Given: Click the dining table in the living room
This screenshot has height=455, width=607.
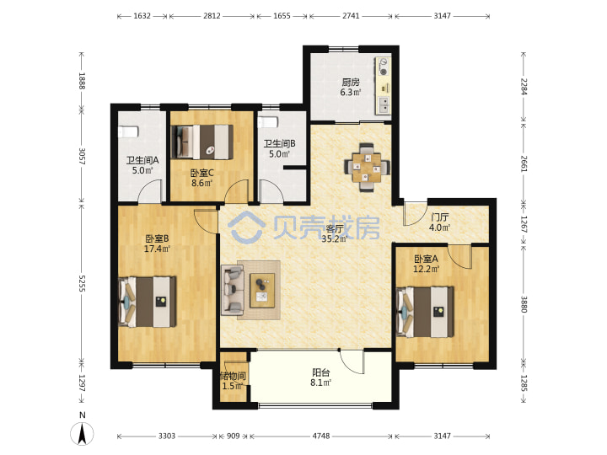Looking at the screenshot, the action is coord(367,168).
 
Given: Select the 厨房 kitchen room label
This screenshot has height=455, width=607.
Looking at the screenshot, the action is coord(351,82).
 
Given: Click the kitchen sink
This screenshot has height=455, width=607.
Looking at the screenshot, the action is coord(384,104).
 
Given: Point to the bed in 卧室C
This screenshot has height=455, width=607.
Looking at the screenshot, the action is coord(202,142).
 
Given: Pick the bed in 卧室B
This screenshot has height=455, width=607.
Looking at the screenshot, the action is coord(147,302).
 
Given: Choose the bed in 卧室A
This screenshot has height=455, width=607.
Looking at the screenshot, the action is coord(425,312).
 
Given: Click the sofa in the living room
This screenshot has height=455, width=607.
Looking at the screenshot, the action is coord(233,290).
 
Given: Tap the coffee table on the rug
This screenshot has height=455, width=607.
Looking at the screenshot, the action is coord(262,291).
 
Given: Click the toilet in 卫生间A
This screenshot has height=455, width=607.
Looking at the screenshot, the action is coord(128,131).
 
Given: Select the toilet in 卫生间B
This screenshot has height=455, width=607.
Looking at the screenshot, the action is coord(267,122).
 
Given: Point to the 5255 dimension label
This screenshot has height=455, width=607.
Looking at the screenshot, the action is coord(82,284).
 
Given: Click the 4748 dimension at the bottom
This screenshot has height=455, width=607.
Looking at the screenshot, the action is coord(321,436).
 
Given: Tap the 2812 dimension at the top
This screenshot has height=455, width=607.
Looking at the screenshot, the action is coord(212,16).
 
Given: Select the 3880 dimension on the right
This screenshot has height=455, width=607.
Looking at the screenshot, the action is coord(524,304).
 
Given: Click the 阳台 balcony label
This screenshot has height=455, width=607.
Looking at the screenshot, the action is coord(321,372).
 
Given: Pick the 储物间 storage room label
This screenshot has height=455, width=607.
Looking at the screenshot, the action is coord(233,376).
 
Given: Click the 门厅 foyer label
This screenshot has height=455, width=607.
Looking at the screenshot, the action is coord(440,217).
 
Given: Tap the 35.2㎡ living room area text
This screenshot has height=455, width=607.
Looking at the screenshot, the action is coord(335,238).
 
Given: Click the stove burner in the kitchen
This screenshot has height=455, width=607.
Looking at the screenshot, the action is coord(384,72).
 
